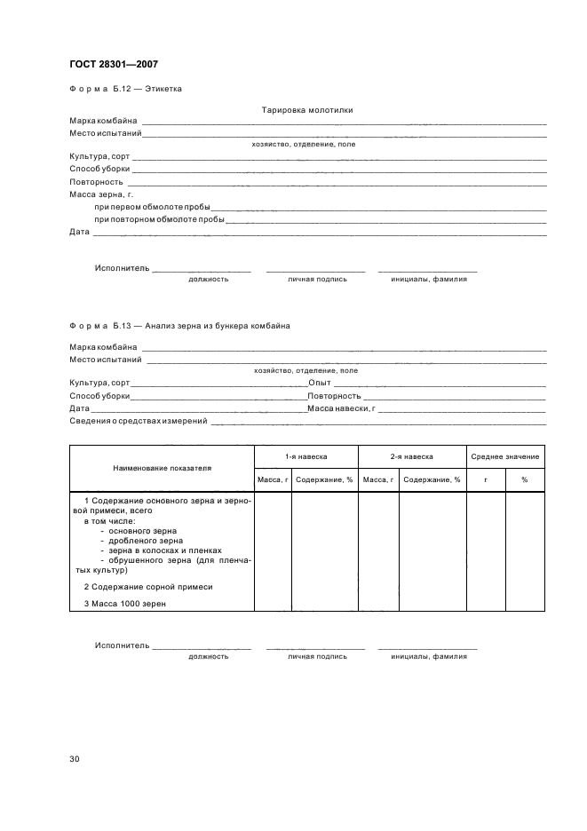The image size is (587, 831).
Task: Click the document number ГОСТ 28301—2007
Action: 114,63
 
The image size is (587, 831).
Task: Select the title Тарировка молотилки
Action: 307,111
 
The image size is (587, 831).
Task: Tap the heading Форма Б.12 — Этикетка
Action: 126,89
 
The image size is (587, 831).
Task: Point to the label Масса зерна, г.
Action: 101,194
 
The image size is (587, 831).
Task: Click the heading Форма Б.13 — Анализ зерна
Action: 179,326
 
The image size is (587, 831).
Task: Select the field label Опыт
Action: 319,383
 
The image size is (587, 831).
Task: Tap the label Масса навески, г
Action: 342,408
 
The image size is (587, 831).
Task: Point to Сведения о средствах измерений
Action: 138,421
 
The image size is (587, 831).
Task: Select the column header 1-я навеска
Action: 305,456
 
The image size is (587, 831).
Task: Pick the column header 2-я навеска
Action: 411,456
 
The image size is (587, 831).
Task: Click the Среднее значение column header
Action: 505,456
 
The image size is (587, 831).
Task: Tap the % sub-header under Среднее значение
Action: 525,479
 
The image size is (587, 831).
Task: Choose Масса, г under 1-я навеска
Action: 273,479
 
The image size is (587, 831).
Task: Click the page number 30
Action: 75,758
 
